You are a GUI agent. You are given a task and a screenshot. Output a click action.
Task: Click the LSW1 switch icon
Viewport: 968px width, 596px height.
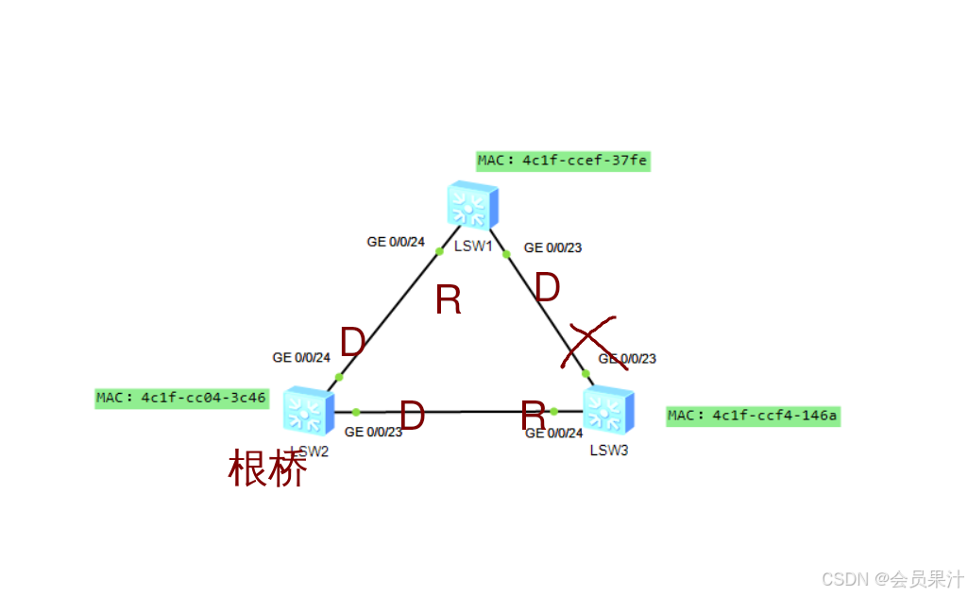click(x=473, y=205)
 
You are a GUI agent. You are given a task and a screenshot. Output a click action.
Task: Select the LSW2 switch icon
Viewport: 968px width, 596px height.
click(x=307, y=411)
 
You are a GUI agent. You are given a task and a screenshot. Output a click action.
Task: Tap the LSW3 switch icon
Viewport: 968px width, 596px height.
click(x=608, y=411)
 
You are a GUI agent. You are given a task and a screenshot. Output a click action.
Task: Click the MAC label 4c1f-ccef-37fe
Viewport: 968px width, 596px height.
click(x=563, y=161)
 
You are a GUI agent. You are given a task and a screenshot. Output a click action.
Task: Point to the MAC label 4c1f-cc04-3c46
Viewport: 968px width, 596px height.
click(x=181, y=398)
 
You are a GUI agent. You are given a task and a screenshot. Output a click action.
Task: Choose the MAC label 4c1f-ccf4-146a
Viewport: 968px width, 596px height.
click(x=753, y=416)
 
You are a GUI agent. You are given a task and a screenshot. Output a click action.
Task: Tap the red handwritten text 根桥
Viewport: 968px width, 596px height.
click(x=267, y=469)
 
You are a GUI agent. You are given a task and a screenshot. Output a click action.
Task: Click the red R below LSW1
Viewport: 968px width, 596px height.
click(x=449, y=300)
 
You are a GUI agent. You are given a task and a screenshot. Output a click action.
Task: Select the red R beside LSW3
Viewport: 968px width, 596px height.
click(x=534, y=415)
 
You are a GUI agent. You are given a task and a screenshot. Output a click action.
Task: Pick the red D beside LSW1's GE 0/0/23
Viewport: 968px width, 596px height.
click(x=548, y=288)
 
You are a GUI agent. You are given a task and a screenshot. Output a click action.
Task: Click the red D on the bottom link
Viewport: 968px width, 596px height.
click(x=412, y=416)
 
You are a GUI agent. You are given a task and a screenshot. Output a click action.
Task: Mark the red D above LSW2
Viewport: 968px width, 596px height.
click(x=352, y=342)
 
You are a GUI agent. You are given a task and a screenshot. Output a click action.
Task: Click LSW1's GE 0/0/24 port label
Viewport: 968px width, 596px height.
click(x=396, y=242)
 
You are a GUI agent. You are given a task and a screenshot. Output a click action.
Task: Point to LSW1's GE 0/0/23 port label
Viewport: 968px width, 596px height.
click(x=552, y=247)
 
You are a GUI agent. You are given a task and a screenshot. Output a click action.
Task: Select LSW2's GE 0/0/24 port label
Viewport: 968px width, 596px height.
click(x=301, y=358)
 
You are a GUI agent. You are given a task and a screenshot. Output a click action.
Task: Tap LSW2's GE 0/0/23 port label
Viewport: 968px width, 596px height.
click(x=373, y=433)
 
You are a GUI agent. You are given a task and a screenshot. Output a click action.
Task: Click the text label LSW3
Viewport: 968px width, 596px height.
click(x=609, y=451)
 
